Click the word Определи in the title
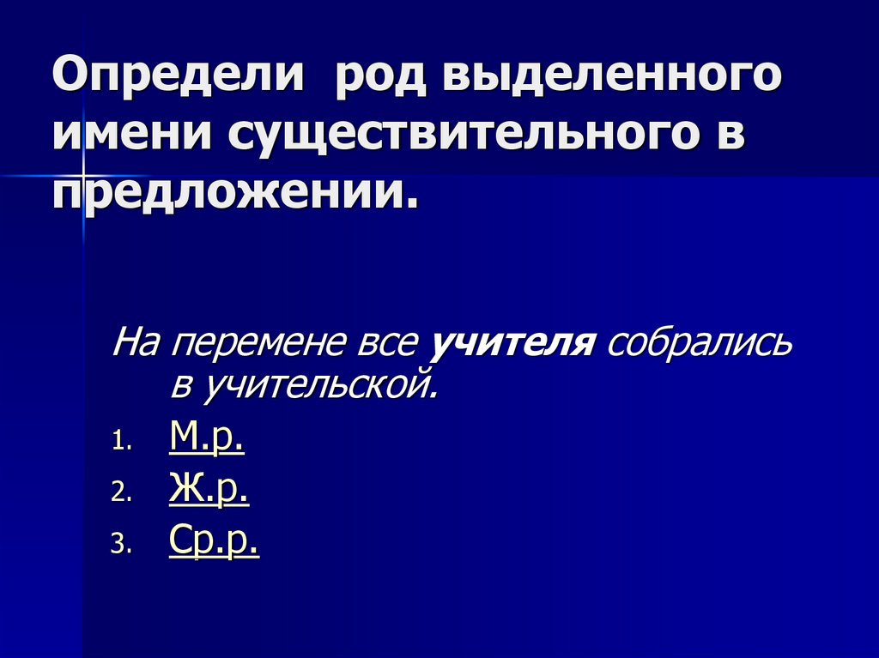[x=179, y=78]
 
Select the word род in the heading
[x=373, y=78]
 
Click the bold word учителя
[x=512, y=344]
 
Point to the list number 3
[x=121, y=546]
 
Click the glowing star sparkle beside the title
[x=83, y=176]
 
